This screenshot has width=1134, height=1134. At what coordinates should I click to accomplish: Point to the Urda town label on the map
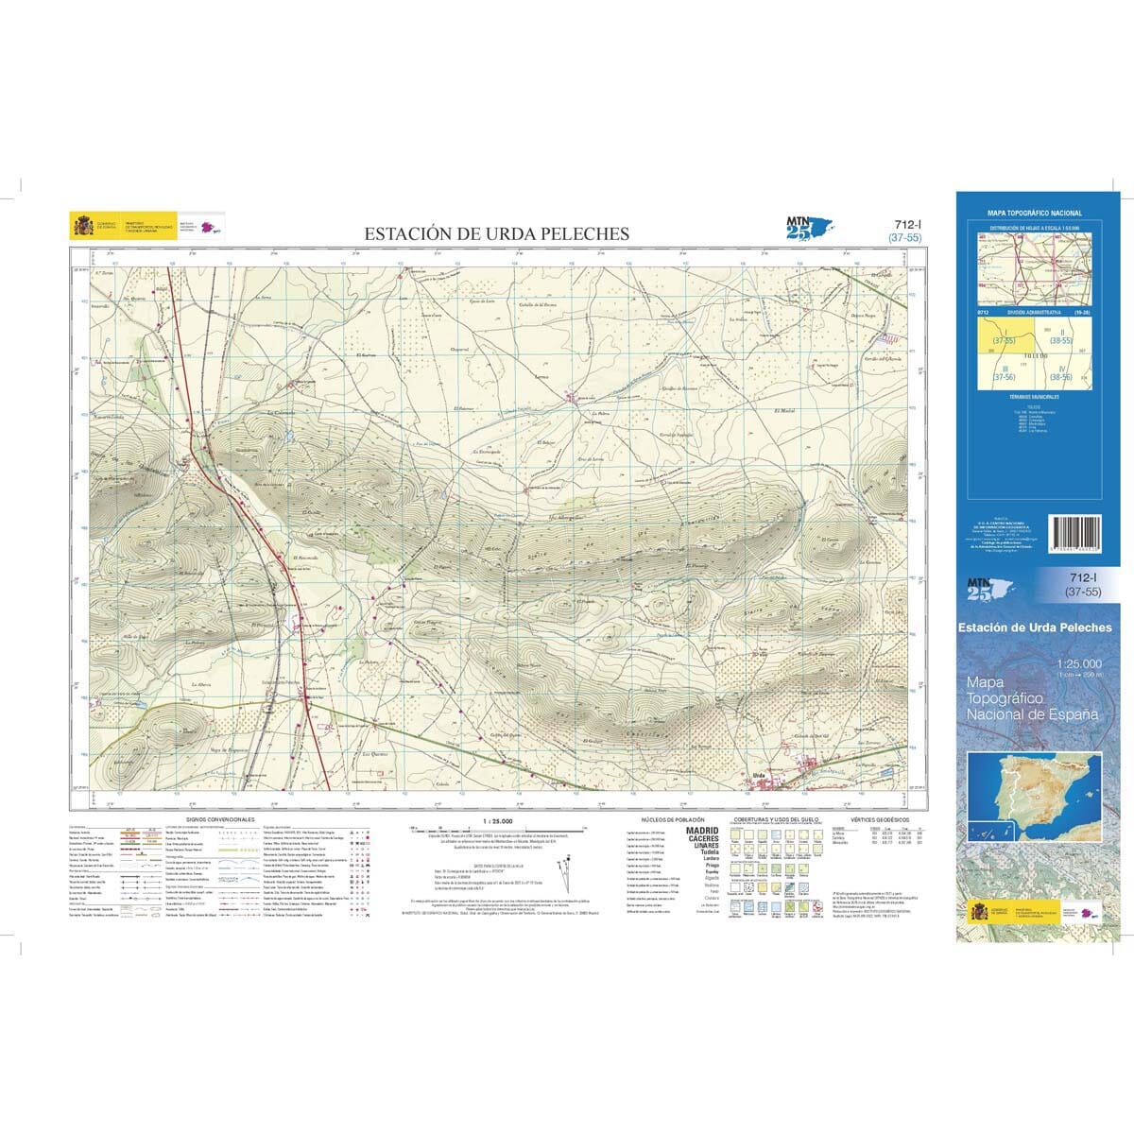pos(758,775)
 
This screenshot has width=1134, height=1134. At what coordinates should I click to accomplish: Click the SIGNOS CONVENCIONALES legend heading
pos(221,819)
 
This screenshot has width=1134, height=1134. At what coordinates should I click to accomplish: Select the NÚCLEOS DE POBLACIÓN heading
pos(673,819)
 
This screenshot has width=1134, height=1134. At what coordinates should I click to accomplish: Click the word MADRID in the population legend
pos(701,830)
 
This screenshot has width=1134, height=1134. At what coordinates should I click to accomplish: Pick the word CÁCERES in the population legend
pos(701,838)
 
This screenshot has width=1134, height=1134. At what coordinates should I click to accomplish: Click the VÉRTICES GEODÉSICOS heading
pos(879,819)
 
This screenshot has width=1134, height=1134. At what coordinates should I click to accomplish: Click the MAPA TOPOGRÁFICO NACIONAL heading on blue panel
pos(1034,214)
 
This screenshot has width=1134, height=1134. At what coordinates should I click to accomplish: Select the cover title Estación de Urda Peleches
pos(1034,627)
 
